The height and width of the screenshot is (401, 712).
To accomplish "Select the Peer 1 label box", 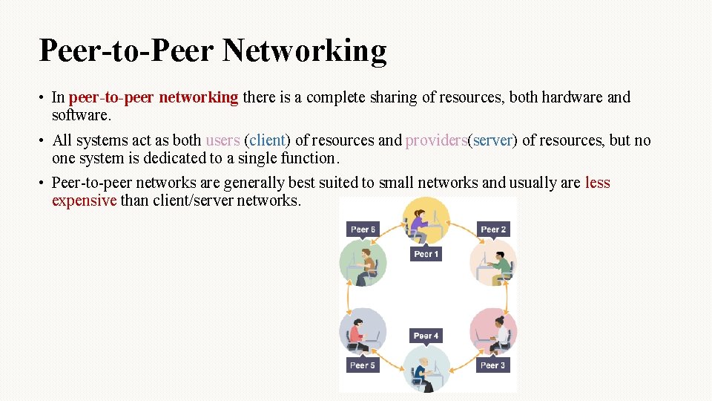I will tap(426, 254).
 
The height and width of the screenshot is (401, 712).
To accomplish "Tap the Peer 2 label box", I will tap(493, 229).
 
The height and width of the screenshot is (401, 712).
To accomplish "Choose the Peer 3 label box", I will tap(493, 365).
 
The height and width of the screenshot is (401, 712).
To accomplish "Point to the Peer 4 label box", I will tap(426, 336).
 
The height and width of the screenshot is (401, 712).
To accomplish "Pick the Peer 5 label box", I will tap(363, 365).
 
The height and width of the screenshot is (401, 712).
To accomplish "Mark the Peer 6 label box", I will tap(363, 229).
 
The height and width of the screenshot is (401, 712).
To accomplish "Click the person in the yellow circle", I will tap(421, 221).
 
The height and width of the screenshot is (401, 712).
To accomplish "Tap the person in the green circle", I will tap(363, 264).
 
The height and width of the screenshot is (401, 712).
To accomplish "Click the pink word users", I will tap(222, 140).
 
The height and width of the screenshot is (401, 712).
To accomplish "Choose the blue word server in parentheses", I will tap(492, 140).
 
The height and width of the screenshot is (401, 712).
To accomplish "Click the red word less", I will tap(597, 183).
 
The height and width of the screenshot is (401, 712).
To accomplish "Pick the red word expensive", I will tap(84, 200).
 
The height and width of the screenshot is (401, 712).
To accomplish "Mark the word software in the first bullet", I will tap(80, 115).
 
